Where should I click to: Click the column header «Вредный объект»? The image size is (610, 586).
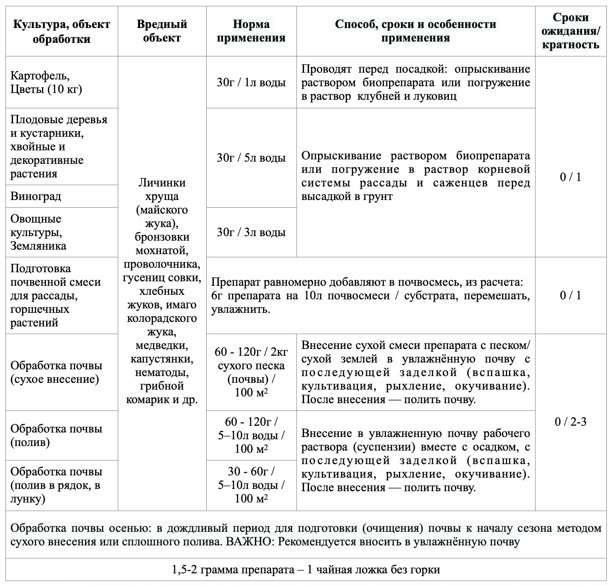(162, 31)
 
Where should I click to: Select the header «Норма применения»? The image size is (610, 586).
(251, 31)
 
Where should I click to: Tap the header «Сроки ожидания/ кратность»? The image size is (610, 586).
(570, 31)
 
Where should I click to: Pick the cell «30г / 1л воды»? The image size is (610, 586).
(251, 83)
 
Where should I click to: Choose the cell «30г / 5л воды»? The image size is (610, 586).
(251, 158)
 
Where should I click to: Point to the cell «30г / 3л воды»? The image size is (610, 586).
(251, 233)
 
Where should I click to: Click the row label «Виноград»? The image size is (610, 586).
(36, 196)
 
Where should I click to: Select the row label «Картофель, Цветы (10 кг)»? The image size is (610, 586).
(46, 82)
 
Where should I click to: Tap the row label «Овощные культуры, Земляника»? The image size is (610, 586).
(38, 233)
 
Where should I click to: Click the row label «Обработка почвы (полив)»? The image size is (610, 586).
(56, 435)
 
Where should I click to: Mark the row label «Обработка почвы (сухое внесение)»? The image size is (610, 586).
(56, 372)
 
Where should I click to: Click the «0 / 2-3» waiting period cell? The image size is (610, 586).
(570, 422)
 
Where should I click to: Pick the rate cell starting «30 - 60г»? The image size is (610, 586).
(251, 485)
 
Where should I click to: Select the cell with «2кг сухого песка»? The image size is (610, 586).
(251, 372)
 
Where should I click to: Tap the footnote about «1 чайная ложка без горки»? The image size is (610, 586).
(306, 570)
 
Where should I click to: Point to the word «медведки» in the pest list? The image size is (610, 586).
(162, 345)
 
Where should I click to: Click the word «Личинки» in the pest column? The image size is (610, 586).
(162, 183)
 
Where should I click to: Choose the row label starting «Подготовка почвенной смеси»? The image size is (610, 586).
(55, 296)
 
